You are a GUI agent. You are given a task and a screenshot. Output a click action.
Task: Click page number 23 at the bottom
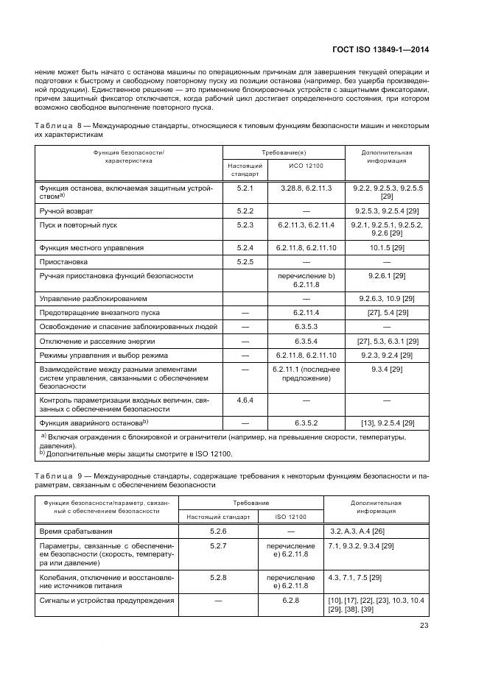[423, 626]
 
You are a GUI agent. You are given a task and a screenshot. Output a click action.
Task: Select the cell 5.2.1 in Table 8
[245, 188]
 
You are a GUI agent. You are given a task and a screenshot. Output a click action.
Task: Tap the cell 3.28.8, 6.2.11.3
[306, 188]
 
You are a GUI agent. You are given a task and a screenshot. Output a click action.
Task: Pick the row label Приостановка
[63, 261]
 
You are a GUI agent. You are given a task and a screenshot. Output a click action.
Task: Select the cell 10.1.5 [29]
[387, 247]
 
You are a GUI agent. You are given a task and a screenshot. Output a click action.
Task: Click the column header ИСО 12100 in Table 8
[306, 165]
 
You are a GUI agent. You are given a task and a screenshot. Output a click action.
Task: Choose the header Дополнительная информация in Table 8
[387, 155]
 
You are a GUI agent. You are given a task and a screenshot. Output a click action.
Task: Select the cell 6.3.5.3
[306, 326]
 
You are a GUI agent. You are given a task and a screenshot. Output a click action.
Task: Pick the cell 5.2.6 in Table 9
[219, 530]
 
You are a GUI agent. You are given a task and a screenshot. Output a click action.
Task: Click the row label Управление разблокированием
[93, 298]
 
